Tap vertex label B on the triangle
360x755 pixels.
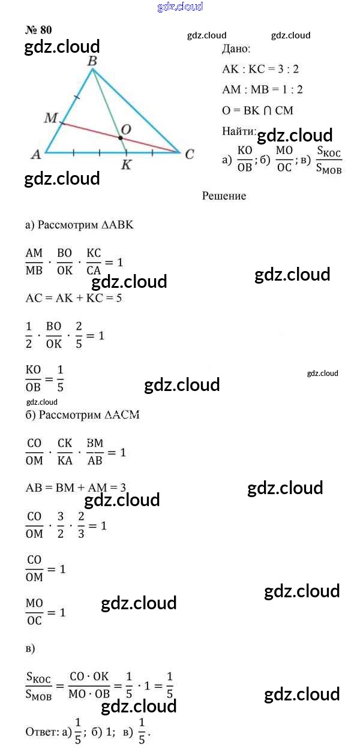click(x=92, y=61)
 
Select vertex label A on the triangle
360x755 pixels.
click(x=36, y=154)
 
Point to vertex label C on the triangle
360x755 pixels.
click(x=189, y=154)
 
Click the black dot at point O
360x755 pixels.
click(x=121, y=139)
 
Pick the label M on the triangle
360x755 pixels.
click(x=50, y=118)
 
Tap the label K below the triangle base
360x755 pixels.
click(x=125, y=165)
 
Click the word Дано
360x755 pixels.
click(x=236, y=50)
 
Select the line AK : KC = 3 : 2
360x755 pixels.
click(x=260, y=69)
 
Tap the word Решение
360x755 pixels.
click(x=224, y=196)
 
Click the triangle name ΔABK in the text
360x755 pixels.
click(x=118, y=225)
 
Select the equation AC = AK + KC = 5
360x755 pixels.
click(x=74, y=298)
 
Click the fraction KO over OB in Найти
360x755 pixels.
click(x=245, y=158)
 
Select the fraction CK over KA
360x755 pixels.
click(x=64, y=452)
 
